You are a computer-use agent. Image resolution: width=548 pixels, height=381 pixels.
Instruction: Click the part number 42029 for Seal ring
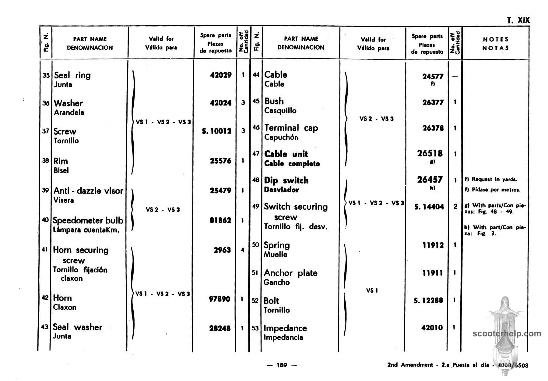(x=221, y=75)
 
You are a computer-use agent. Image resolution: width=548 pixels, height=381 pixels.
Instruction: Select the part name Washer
(x=68, y=103)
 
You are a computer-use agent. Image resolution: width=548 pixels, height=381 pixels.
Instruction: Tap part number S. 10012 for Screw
(x=217, y=131)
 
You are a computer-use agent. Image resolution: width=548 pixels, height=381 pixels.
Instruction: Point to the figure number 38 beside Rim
(x=45, y=160)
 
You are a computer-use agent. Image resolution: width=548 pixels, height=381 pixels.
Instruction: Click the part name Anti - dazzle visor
(x=88, y=191)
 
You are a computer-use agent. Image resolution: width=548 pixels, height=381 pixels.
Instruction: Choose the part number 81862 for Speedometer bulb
(x=220, y=220)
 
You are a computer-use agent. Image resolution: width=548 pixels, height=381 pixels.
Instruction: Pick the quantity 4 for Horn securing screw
(x=242, y=250)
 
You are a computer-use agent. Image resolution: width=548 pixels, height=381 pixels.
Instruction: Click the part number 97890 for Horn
(x=220, y=299)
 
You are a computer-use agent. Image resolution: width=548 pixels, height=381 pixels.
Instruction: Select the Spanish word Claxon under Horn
(x=65, y=307)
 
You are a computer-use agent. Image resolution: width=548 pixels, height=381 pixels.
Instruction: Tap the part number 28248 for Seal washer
(x=220, y=328)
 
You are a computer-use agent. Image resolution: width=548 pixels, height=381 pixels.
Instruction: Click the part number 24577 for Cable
(x=433, y=77)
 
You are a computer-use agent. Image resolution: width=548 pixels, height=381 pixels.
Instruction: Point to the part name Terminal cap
(x=291, y=128)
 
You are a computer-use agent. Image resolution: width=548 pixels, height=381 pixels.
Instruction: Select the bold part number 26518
(x=430, y=153)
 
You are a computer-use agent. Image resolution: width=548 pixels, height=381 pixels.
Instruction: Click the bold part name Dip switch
(x=286, y=180)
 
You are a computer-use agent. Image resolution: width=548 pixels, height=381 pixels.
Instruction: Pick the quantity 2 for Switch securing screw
(x=455, y=207)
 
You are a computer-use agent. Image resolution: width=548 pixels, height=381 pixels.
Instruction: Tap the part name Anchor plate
(x=290, y=273)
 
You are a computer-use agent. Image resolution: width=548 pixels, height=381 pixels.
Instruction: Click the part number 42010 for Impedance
(x=432, y=328)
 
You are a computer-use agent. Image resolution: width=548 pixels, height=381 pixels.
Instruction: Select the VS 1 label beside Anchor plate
(x=372, y=290)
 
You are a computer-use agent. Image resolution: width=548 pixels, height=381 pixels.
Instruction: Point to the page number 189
(x=282, y=365)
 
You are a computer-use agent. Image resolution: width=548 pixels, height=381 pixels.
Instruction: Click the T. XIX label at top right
(x=518, y=20)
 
